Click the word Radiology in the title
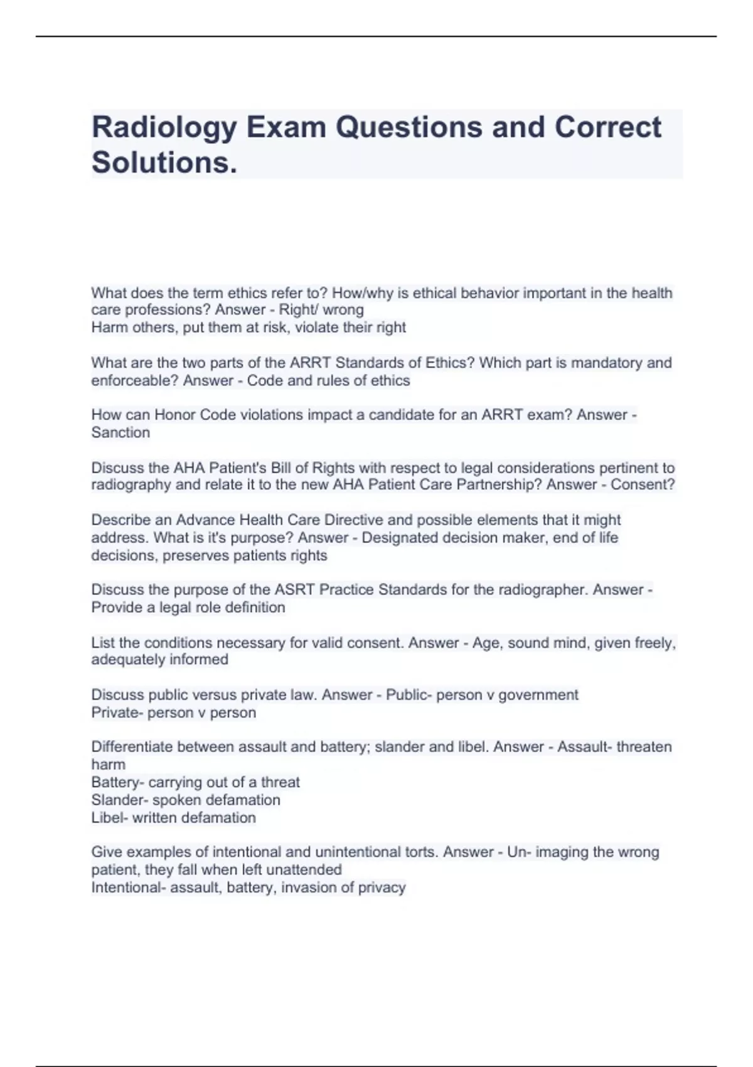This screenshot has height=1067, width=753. (x=164, y=128)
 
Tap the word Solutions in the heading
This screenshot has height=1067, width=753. (x=162, y=163)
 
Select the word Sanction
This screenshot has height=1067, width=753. (x=120, y=432)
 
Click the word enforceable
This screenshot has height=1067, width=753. (x=135, y=380)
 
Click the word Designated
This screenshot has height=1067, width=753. (x=398, y=538)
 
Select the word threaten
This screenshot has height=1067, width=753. (x=644, y=747)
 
